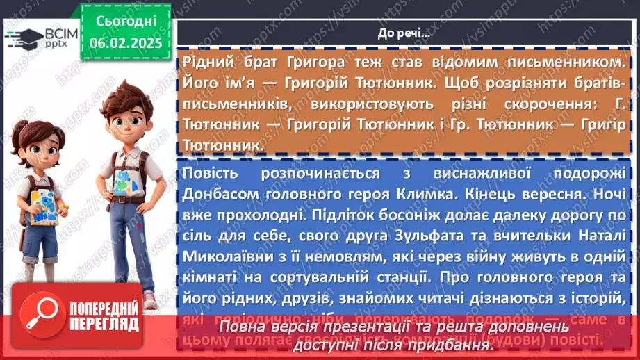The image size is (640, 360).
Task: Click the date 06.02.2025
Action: [124, 43]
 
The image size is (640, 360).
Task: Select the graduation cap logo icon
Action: [24, 37]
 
